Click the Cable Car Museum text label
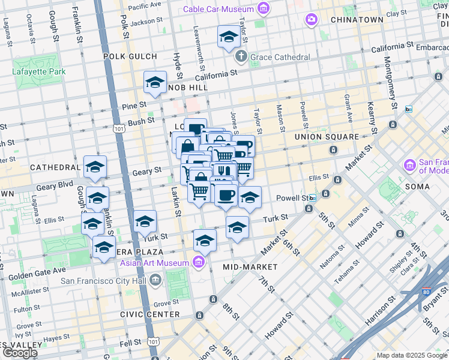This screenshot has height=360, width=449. click(x=217, y=9)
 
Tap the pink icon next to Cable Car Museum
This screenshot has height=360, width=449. click(x=262, y=9)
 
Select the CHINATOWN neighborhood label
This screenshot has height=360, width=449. click(x=357, y=20)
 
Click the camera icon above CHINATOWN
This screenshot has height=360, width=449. click(x=311, y=20)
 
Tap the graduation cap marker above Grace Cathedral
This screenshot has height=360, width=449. click(x=229, y=38)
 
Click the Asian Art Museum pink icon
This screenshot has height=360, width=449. click(x=199, y=262)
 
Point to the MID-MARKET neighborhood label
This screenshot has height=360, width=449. click(x=250, y=266)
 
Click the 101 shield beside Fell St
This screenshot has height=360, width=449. click(x=154, y=341)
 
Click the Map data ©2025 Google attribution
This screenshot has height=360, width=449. click(x=411, y=355)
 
